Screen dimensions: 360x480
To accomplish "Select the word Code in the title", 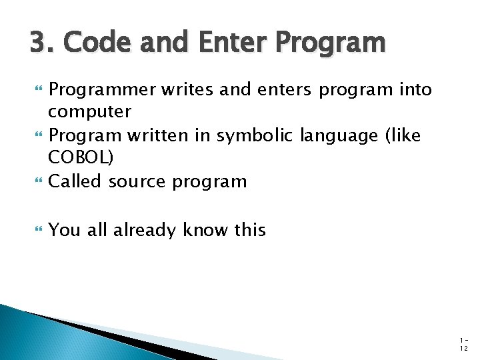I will [x=88, y=43].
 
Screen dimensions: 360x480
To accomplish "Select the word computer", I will [x=90, y=111].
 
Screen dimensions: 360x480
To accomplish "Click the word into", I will [x=414, y=89].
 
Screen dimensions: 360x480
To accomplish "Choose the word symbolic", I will [x=257, y=135].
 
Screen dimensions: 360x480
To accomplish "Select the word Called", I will [x=76, y=181].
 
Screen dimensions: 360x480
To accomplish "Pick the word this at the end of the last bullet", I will [x=250, y=230].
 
